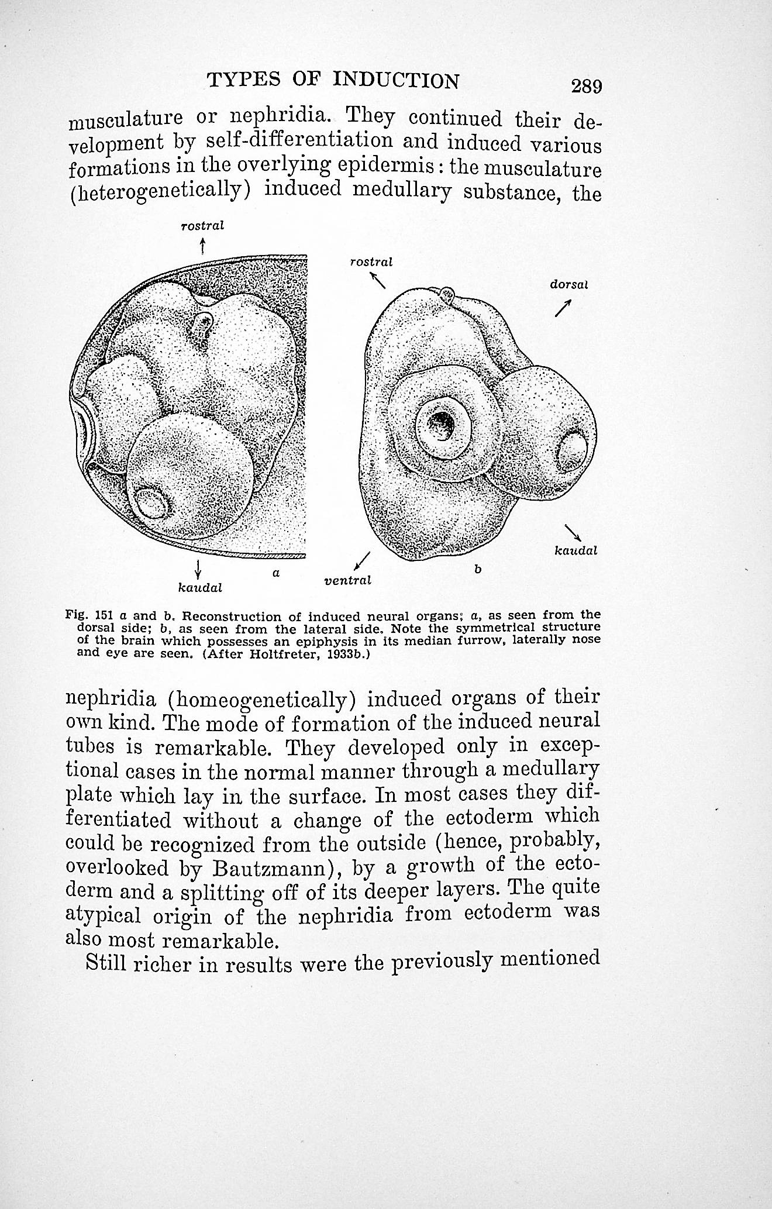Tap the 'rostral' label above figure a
point(202,225)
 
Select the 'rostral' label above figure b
point(371,262)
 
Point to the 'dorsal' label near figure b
point(568,285)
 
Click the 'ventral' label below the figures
point(347,581)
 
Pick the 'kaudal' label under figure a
point(199,587)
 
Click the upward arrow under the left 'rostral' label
point(202,246)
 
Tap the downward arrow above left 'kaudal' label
point(199,568)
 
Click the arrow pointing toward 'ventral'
point(363,560)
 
